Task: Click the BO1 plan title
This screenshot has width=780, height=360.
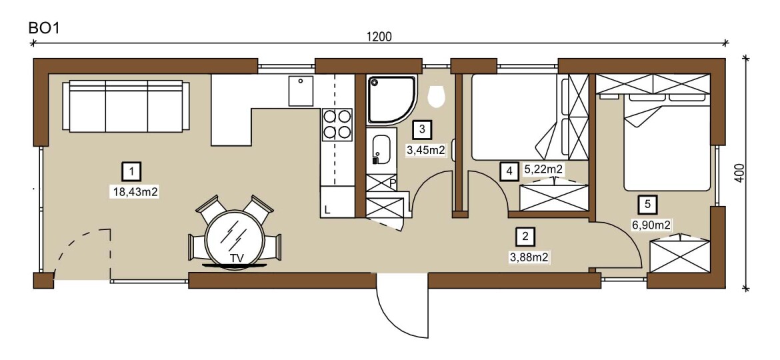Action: [44, 28]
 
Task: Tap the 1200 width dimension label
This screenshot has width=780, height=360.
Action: [379, 37]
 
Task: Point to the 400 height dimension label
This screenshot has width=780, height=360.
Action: [740, 173]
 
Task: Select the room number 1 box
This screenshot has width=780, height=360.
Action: [132, 171]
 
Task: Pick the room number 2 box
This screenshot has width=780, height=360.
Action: [525, 237]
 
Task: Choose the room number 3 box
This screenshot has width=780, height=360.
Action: [423, 130]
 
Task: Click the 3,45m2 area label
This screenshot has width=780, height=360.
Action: [425, 150]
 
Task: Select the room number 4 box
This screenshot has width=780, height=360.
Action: [509, 171]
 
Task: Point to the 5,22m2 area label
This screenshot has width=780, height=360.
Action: [543, 169]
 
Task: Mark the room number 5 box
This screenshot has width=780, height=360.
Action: [647, 203]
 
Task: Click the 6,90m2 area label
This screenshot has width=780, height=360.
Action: [651, 225]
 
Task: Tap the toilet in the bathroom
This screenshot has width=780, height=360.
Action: [436, 96]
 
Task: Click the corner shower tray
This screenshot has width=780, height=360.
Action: [391, 99]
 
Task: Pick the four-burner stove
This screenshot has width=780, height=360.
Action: [337, 124]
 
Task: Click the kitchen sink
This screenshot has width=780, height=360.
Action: [301, 91]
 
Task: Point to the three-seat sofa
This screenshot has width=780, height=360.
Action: [126, 107]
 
